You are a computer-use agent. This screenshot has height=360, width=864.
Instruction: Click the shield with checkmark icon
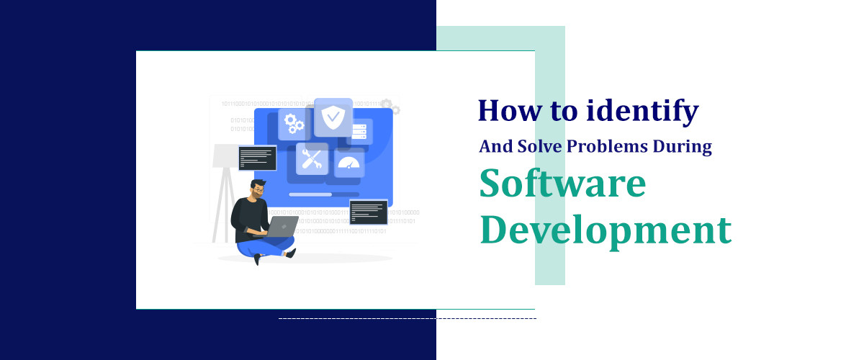(x=333, y=117)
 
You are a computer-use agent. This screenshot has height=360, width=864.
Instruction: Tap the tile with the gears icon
(x=294, y=124)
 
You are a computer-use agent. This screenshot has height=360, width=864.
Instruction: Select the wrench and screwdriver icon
(x=312, y=159)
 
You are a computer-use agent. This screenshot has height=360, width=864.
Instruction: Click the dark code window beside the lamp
(x=257, y=158)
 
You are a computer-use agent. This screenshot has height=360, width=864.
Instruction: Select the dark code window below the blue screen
(x=368, y=212)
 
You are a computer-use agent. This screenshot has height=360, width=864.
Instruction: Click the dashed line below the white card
(x=407, y=318)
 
